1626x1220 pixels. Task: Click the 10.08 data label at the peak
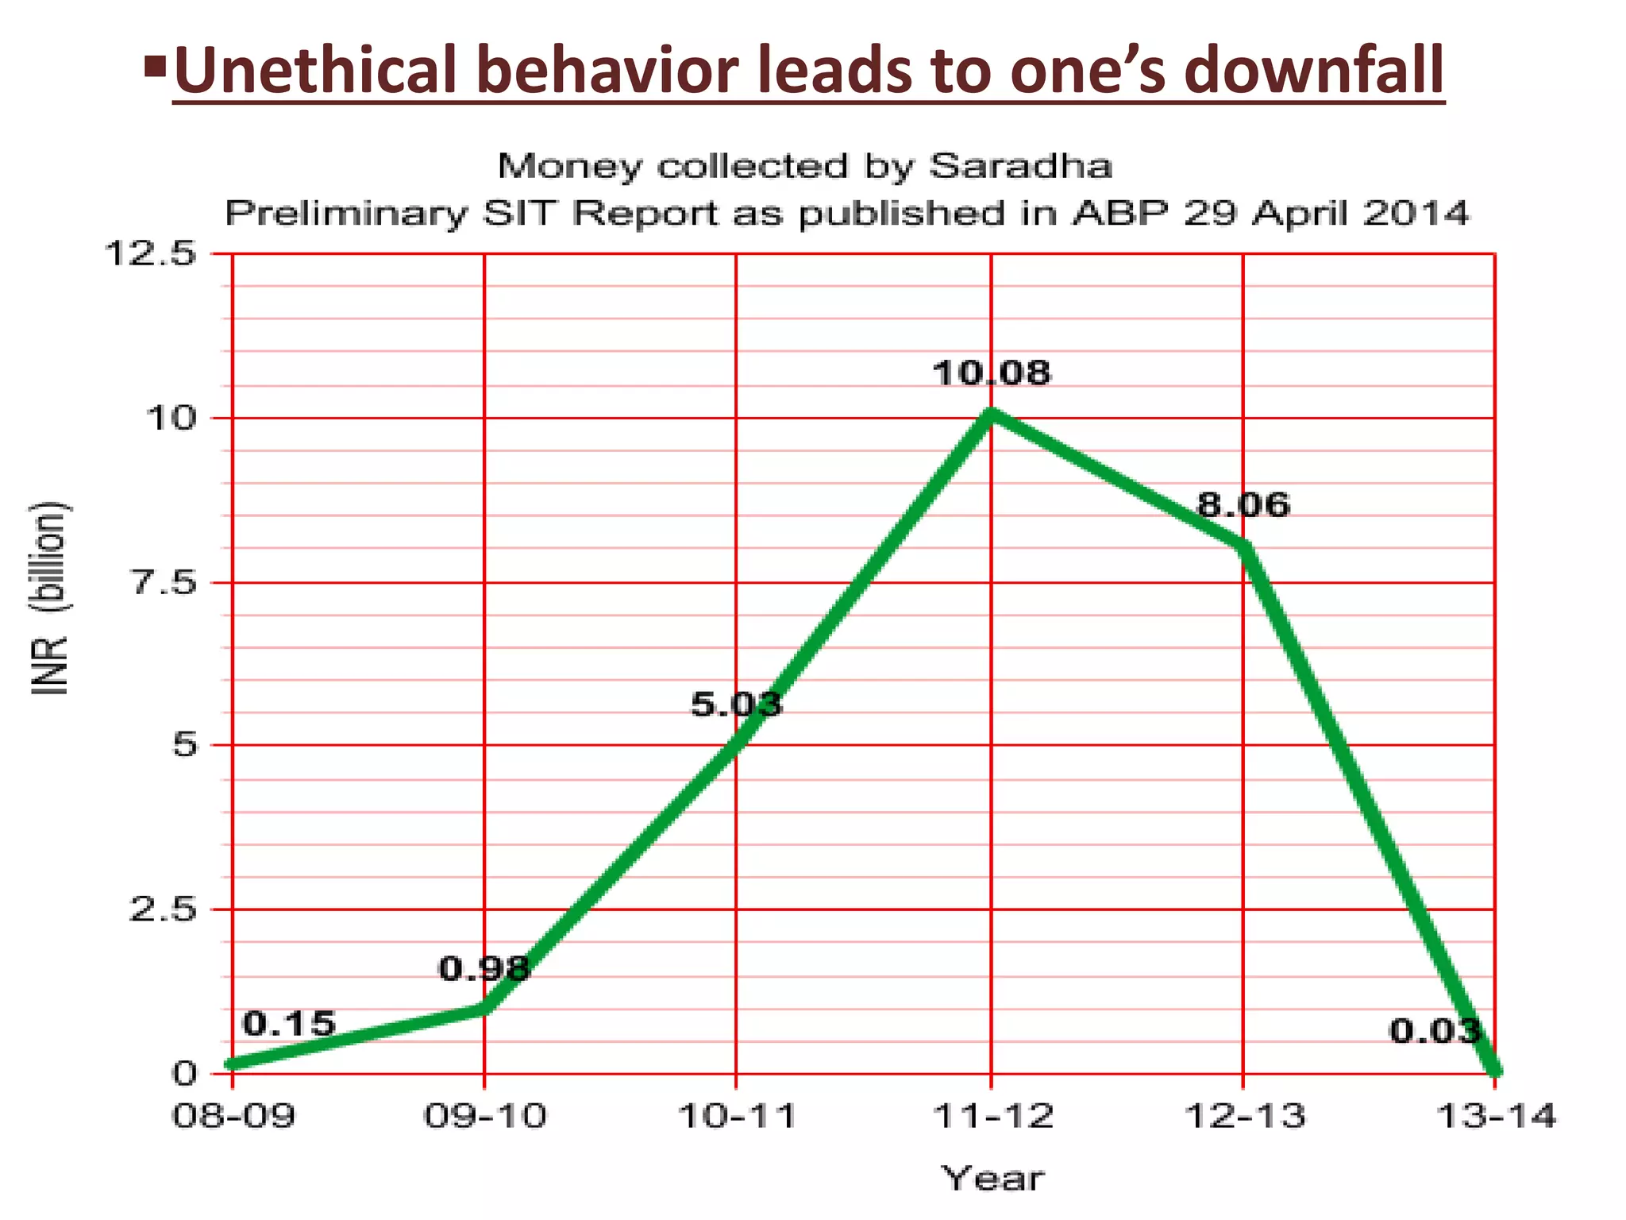click(x=991, y=373)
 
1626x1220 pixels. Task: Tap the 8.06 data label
click(x=1243, y=504)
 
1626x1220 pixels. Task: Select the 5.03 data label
click(x=736, y=704)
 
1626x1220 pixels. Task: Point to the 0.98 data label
click(x=484, y=967)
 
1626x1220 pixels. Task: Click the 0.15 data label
click(x=289, y=1024)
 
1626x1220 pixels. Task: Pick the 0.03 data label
click(x=1435, y=1031)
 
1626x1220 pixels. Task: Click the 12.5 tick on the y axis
click(x=150, y=254)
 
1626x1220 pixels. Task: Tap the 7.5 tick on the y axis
click(x=163, y=582)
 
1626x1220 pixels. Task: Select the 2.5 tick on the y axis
click(x=163, y=909)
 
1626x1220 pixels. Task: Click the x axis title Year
click(x=992, y=1178)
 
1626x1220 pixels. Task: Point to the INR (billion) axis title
click(x=51, y=598)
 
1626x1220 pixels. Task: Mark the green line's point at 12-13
click(x=1243, y=545)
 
